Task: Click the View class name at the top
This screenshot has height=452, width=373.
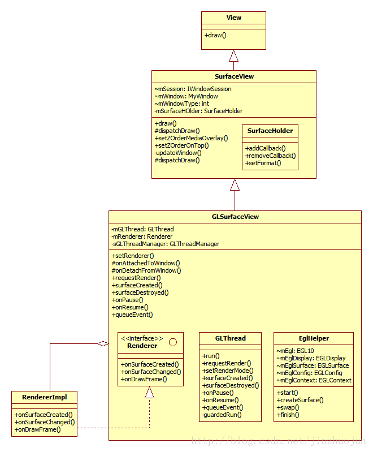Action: tap(233, 18)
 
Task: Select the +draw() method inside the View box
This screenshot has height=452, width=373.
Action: tap(215, 35)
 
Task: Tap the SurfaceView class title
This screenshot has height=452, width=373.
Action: tap(233, 76)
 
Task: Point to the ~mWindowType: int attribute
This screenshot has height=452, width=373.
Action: tap(181, 104)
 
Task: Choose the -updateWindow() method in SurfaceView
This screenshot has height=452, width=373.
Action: tap(177, 152)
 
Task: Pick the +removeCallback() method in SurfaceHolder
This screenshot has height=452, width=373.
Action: tap(271, 156)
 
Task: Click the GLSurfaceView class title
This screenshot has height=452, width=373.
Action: tap(235, 217)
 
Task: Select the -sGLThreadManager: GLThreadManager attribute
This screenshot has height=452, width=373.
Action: tap(166, 244)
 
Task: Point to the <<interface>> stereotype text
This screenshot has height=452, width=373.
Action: tap(142, 338)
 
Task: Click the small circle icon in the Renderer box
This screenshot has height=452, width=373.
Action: tap(172, 342)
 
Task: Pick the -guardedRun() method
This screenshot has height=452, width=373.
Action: tap(222, 415)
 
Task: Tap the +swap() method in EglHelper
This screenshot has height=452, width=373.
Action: tap(288, 407)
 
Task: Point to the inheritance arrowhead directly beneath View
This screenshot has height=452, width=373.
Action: tap(233, 55)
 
